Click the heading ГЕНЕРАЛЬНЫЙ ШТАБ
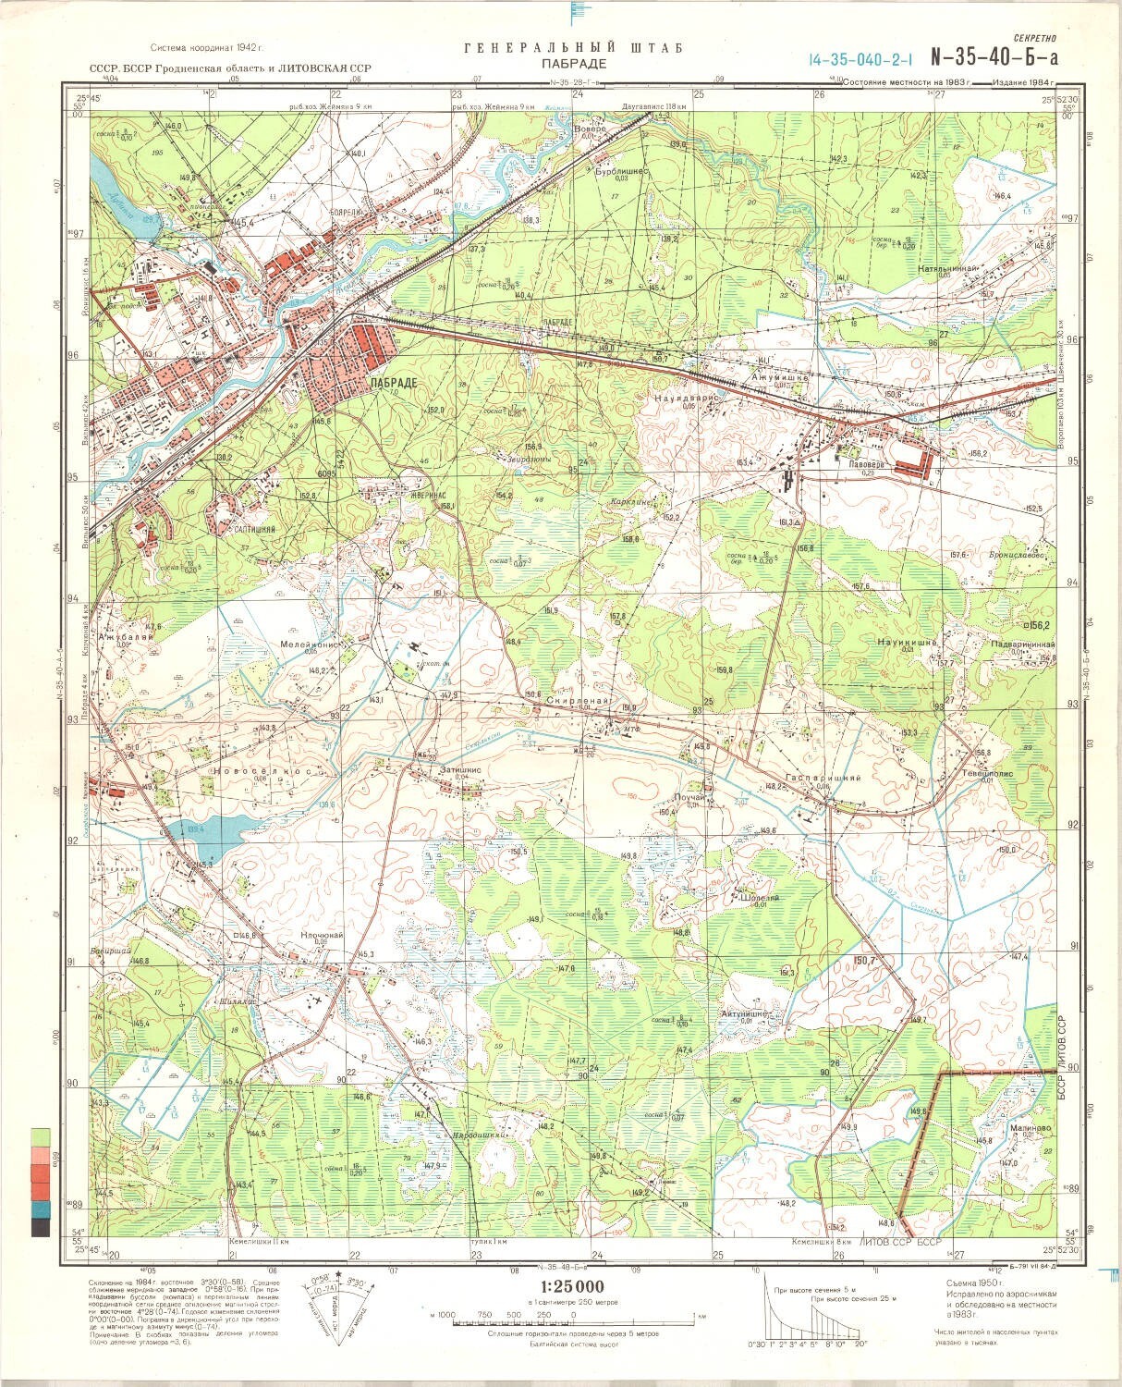tap(573, 48)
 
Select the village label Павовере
tap(856, 466)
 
